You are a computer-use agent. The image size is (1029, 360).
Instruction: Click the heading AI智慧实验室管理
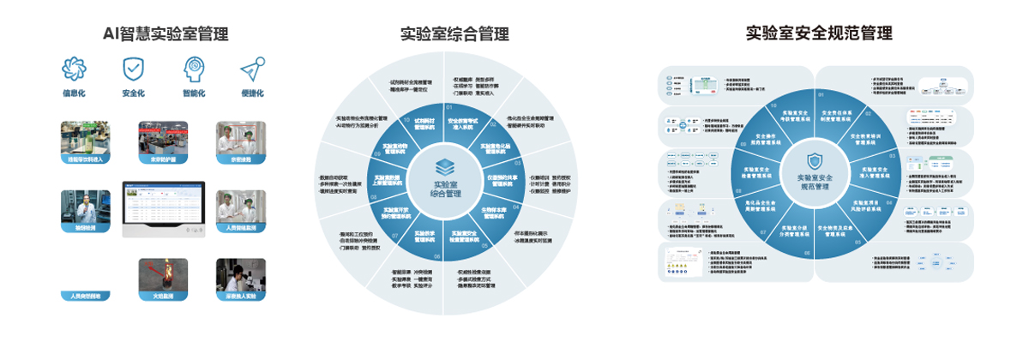[x=165, y=34]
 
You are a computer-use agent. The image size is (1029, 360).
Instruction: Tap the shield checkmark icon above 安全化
[x=132, y=68]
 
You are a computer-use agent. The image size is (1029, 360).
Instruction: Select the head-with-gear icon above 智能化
[x=193, y=68]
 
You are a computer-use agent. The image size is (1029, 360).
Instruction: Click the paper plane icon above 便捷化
[x=250, y=68]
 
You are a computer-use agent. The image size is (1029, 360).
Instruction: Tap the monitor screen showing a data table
[x=164, y=208]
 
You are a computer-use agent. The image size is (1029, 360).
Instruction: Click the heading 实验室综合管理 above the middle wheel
[x=454, y=34]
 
